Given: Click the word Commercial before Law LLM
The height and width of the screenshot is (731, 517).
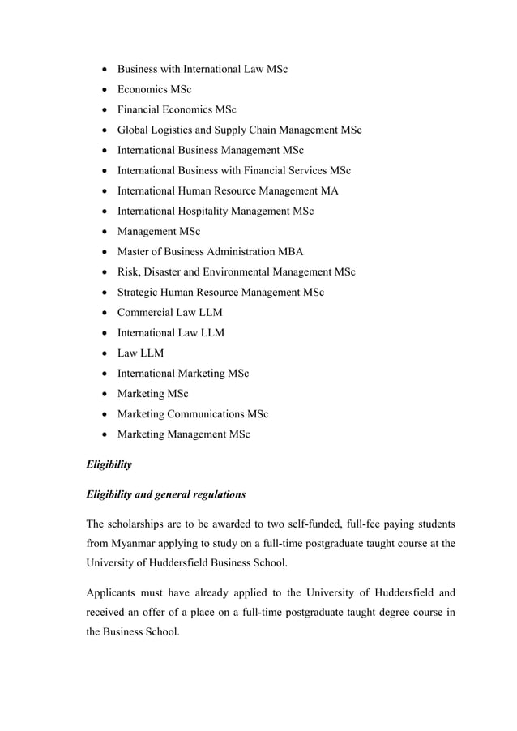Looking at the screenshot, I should (147, 313).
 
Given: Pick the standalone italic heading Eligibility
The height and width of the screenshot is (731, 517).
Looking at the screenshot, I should (109, 464).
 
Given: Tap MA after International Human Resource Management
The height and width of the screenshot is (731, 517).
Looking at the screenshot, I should (329, 191).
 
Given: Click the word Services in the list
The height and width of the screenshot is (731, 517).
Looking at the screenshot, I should (304, 171).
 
